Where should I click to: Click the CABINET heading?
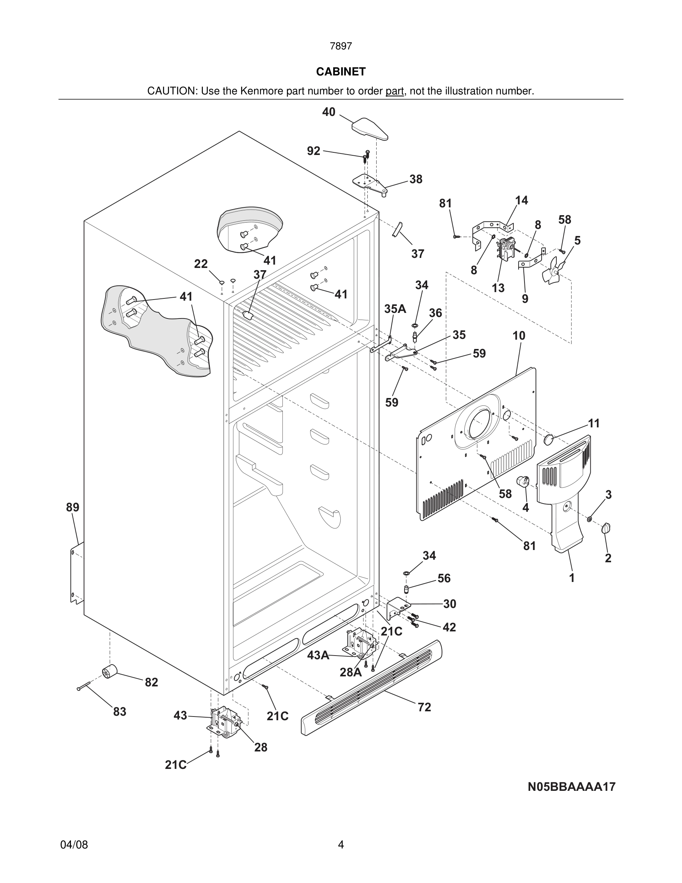(x=341, y=72)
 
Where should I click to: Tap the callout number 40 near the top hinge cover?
(x=328, y=112)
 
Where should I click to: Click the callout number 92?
(x=314, y=151)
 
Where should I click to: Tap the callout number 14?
(x=521, y=200)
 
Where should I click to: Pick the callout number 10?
(x=519, y=336)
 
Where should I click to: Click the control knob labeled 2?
(x=606, y=528)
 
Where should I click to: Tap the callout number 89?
(x=73, y=507)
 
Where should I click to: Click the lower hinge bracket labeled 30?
(x=397, y=608)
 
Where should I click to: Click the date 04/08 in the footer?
(x=74, y=845)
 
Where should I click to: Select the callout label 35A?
(x=395, y=309)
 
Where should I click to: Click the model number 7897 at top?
(x=341, y=46)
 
